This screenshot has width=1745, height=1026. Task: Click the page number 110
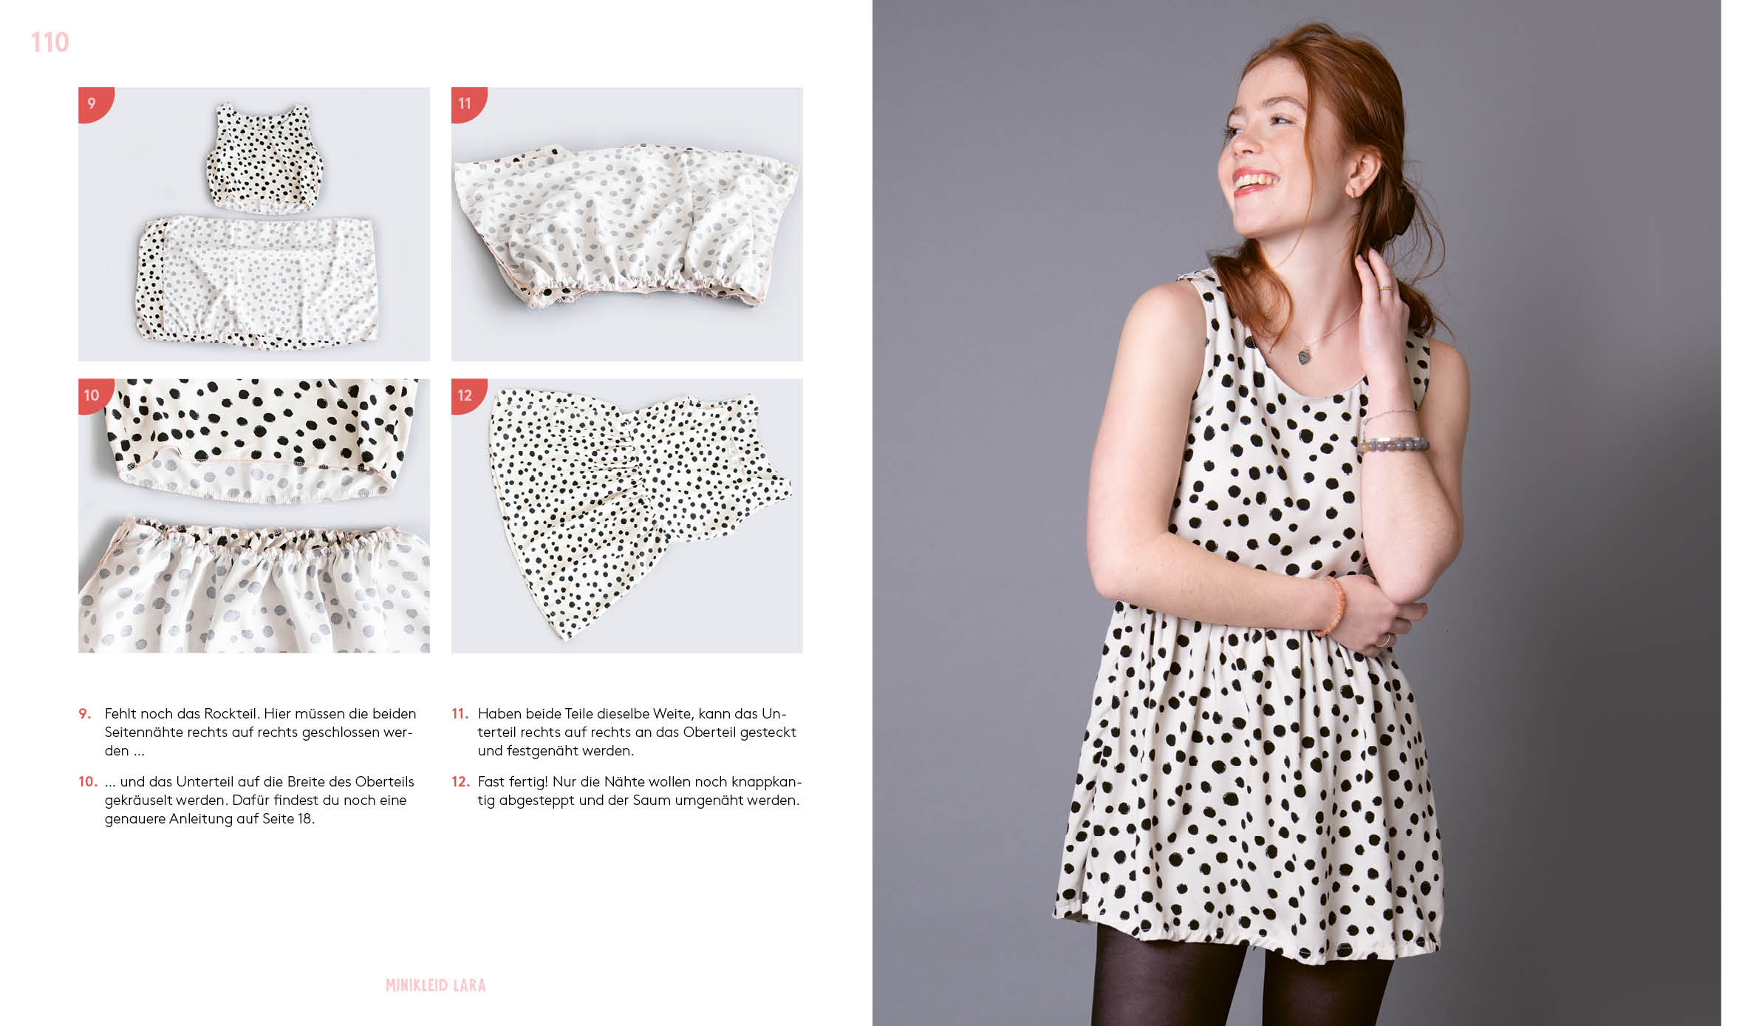coord(49,42)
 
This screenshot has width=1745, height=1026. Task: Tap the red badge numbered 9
coord(94,103)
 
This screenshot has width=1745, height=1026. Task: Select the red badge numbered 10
coord(94,395)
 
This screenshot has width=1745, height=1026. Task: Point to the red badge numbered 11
coord(467,103)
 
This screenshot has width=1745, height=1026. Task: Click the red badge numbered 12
coord(467,395)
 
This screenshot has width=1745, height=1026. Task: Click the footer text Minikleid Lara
coord(436,985)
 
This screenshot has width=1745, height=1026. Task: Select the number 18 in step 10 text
coord(304,818)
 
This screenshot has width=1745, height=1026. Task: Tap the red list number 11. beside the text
coord(460,713)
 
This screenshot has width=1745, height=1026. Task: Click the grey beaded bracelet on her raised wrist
coord(1396,444)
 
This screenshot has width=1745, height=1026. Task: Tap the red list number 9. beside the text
coord(85,713)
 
